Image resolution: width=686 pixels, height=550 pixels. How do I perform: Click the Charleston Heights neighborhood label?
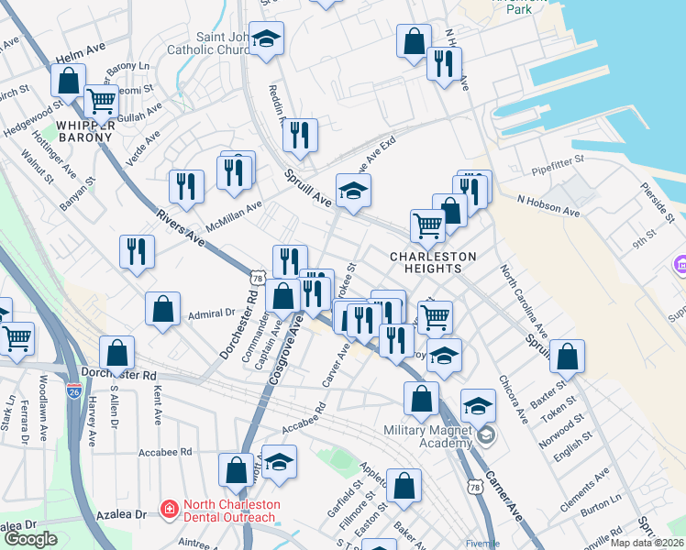(x=434, y=262)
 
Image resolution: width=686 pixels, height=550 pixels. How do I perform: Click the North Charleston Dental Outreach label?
(x=229, y=511)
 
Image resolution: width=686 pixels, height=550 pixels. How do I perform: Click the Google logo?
(x=31, y=539)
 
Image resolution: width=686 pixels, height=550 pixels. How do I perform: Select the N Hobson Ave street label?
(x=548, y=205)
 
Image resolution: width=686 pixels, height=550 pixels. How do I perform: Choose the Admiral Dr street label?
(x=212, y=313)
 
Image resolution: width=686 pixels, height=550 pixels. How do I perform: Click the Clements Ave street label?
(x=589, y=477)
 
